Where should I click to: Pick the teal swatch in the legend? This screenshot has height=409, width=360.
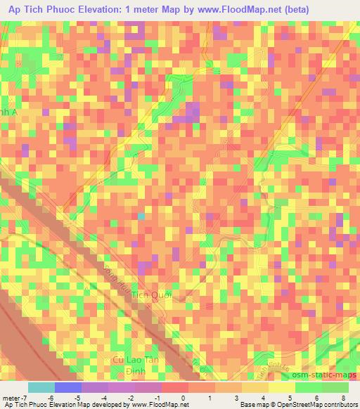tap(41, 387)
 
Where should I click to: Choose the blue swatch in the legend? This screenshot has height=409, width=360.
tap(68, 387)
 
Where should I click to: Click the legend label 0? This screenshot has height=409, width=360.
tap(184, 397)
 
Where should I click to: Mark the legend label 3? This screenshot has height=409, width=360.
tap(238, 397)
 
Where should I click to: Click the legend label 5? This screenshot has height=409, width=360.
tap(291, 397)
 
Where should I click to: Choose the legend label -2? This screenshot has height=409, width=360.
tap(131, 397)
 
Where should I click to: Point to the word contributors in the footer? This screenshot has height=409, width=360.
tap(339, 405)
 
